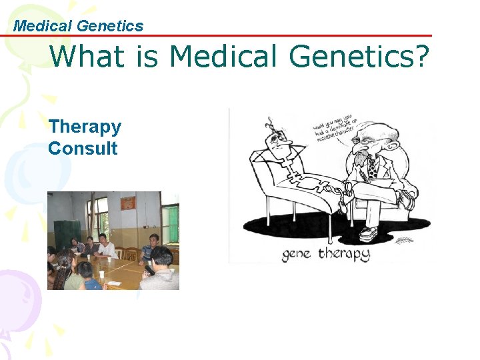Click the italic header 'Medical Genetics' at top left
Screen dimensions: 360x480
pyautogui.click(x=79, y=26)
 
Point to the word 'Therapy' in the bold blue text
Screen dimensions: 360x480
pyautogui.click(x=85, y=127)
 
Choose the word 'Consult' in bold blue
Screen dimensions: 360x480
pyautogui.click(x=83, y=148)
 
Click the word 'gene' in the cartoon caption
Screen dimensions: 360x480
pyautogui.click(x=295, y=254)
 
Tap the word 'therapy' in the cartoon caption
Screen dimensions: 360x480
pyautogui.click(x=343, y=254)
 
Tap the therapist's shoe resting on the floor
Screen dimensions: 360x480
pyautogui.click(x=369, y=234)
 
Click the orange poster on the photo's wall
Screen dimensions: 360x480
pyautogui.click(x=128, y=203)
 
